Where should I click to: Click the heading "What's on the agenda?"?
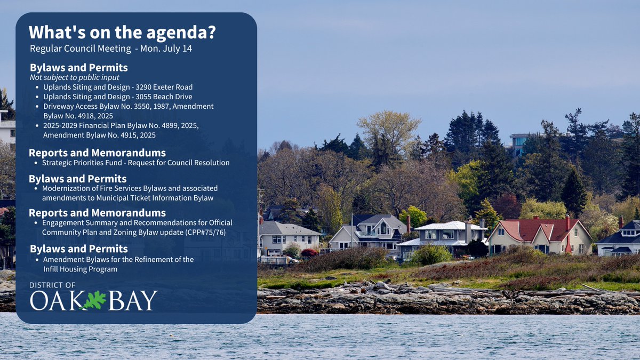click(122, 32)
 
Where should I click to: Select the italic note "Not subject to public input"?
click(74, 77)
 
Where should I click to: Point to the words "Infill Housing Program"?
click(80, 269)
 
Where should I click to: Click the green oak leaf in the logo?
click(94, 300)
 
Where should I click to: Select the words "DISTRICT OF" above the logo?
click(53, 285)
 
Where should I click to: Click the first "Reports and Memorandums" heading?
click(97, 153)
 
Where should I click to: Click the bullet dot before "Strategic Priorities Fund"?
click(36, 163)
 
